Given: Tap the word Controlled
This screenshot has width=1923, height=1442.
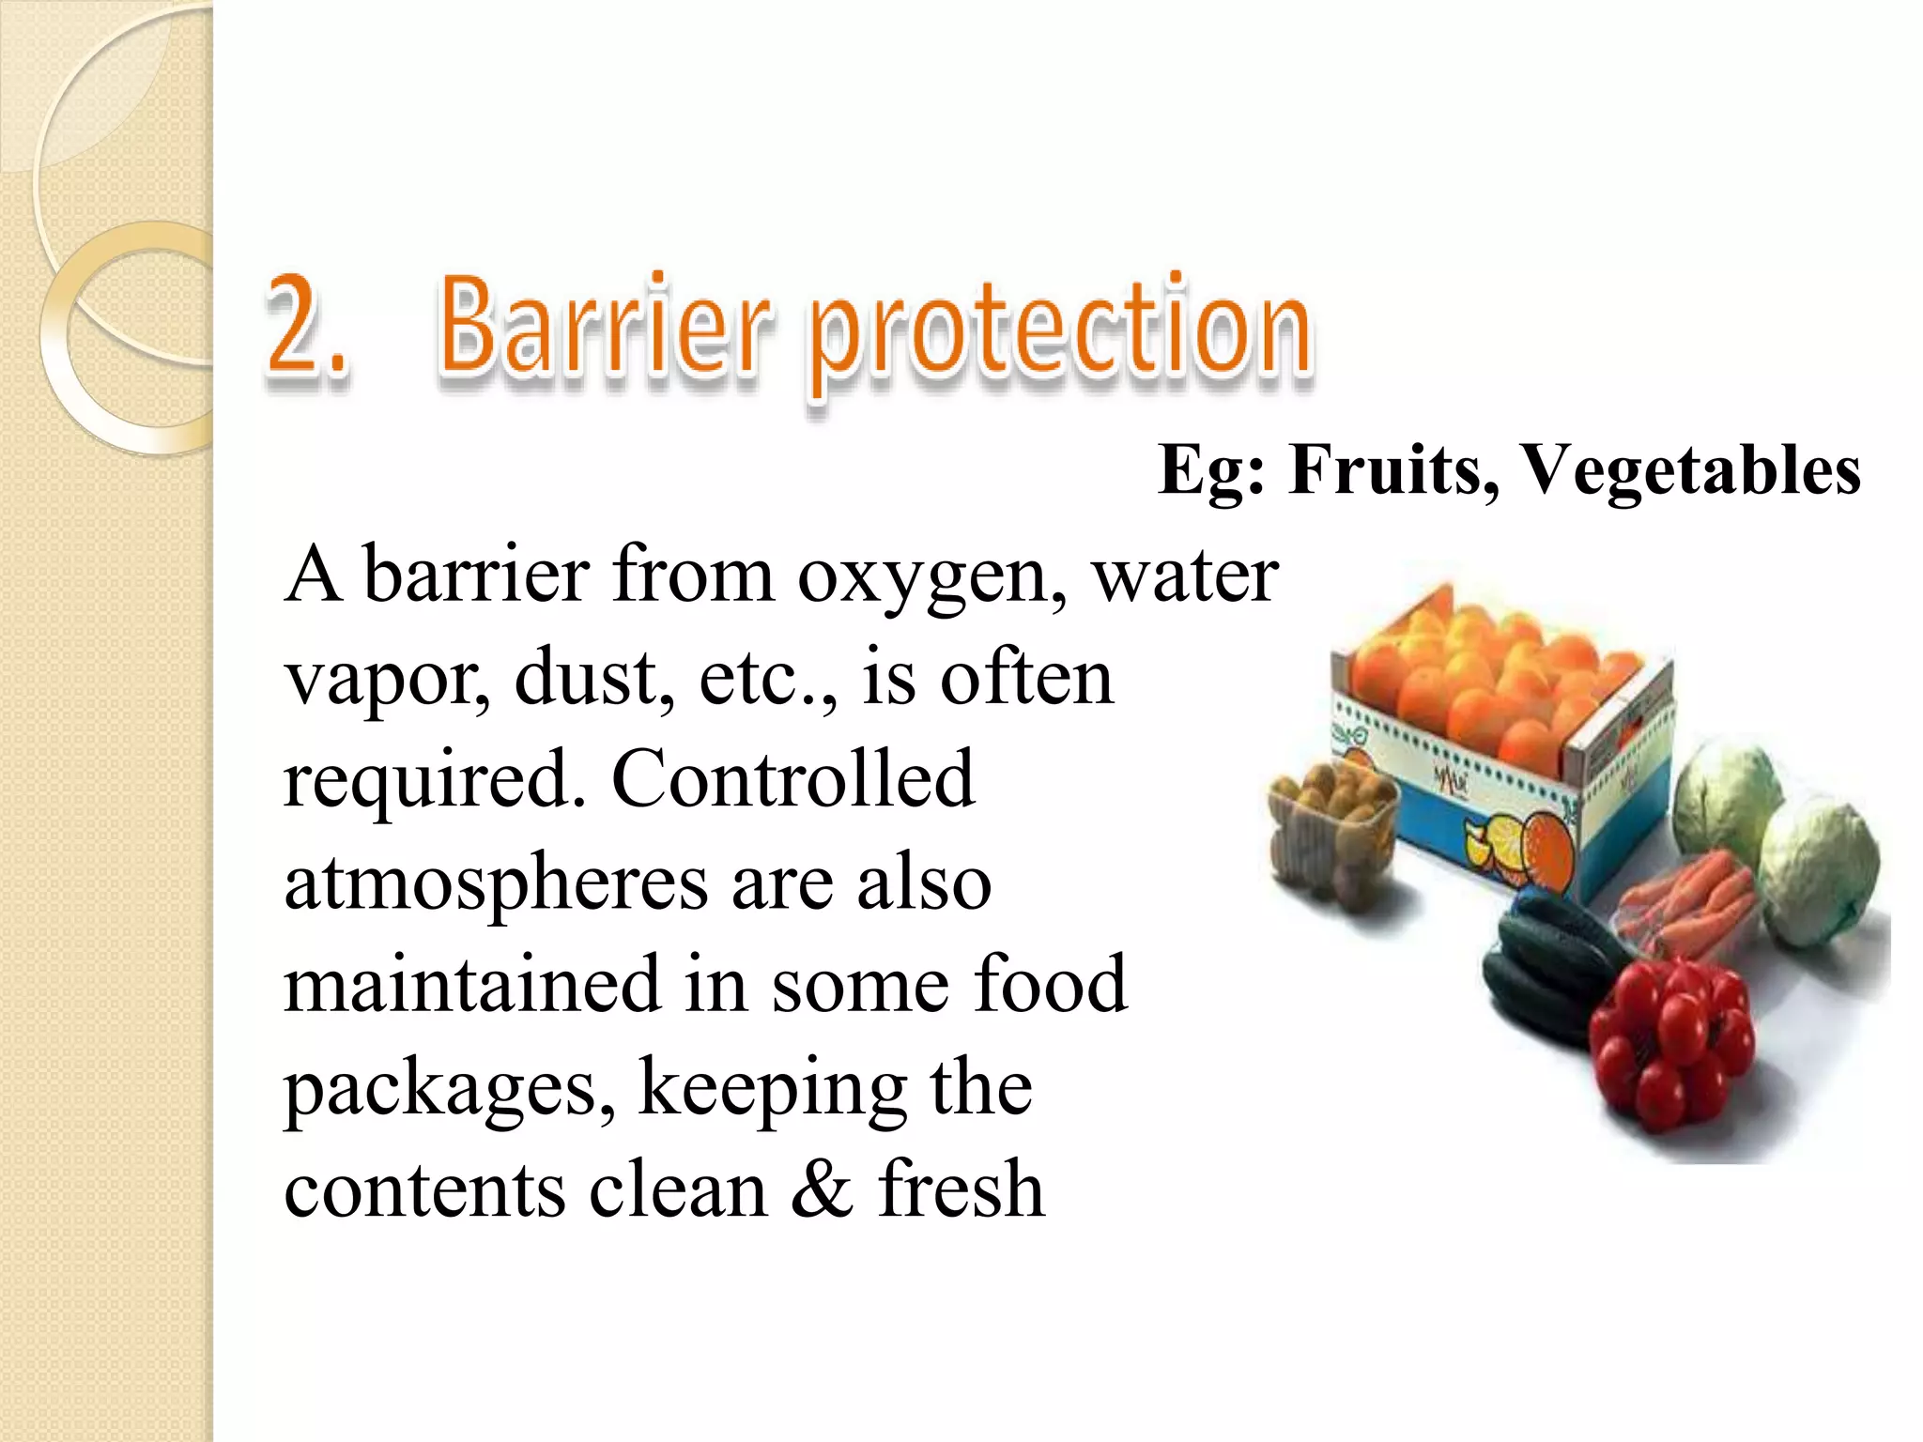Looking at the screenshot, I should (793, 779).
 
